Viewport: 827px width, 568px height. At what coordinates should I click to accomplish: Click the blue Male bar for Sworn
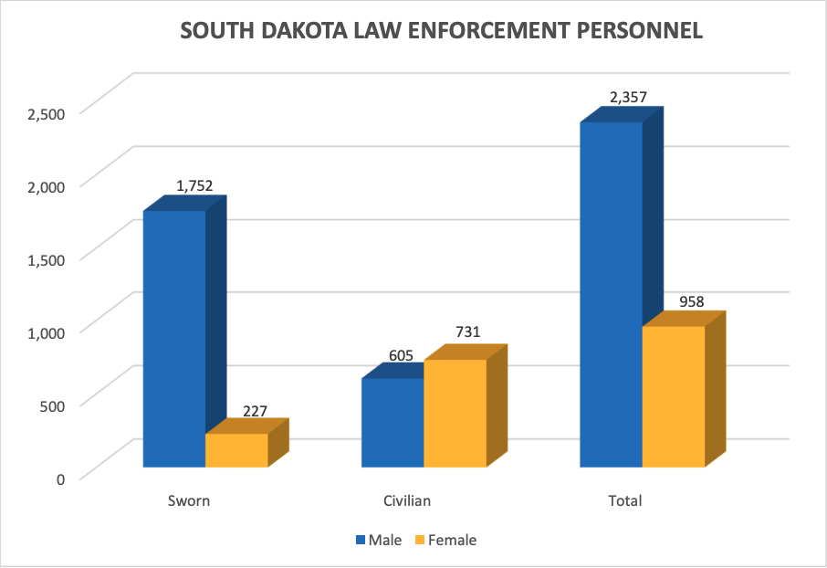pos(174,338)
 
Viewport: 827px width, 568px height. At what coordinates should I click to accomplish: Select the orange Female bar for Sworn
pos(236,450)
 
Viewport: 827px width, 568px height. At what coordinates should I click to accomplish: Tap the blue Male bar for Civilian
pos(393,422)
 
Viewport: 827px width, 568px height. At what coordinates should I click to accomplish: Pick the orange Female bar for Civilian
pos(455,413)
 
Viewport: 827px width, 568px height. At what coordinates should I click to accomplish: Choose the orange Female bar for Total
pos(674,396)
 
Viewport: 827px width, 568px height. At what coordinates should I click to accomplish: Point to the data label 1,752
pos(194,185)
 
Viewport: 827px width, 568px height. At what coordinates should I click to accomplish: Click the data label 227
pos(255,411)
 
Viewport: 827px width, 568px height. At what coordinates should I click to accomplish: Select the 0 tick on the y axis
pos(60,479)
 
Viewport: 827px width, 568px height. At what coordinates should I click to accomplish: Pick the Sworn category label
pos(189,501)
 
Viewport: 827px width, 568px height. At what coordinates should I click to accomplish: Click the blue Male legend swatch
pos(360,541)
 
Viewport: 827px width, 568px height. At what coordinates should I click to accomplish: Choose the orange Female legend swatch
pos(421,541)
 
